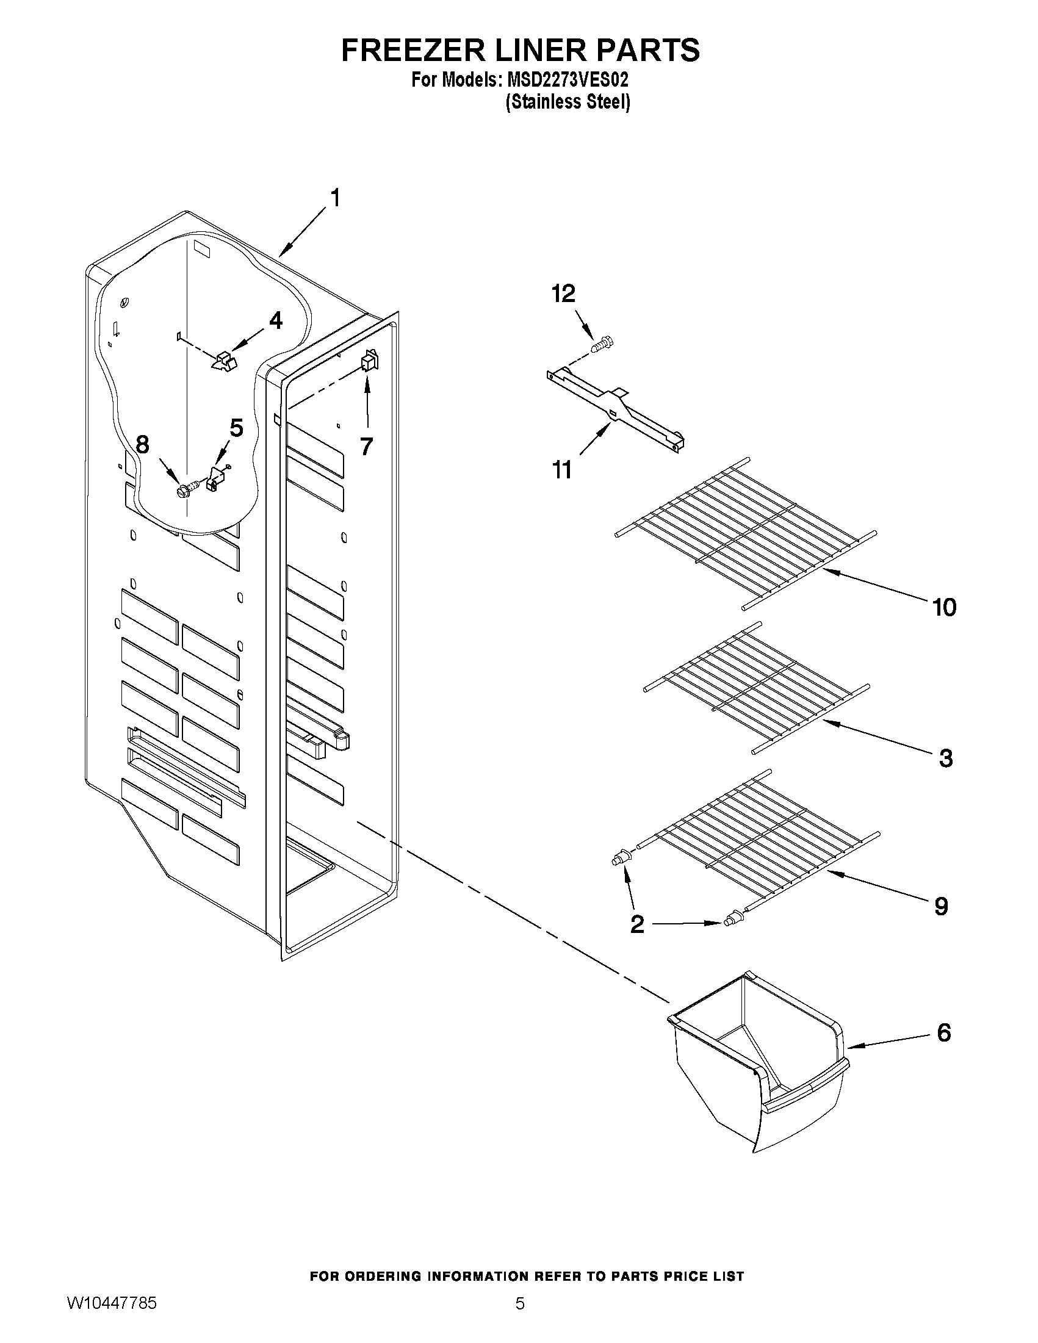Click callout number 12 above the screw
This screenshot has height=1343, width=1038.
click(563, 295)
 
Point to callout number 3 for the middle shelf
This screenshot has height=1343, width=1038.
click(946, 758)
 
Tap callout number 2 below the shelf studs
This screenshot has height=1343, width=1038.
click(637, 942)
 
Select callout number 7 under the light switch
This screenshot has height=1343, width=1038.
click(367, 446)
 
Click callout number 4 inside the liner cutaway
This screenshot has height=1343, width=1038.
click(275, 320)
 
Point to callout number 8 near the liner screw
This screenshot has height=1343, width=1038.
click(143, 444)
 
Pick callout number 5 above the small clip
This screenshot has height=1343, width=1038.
click(236, 428)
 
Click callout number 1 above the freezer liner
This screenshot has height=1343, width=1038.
click(335, 199)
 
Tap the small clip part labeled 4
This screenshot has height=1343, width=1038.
click(224, 362)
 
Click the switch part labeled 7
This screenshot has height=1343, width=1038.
click(370, 361)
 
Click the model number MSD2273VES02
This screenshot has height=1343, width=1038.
click(567, 80)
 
